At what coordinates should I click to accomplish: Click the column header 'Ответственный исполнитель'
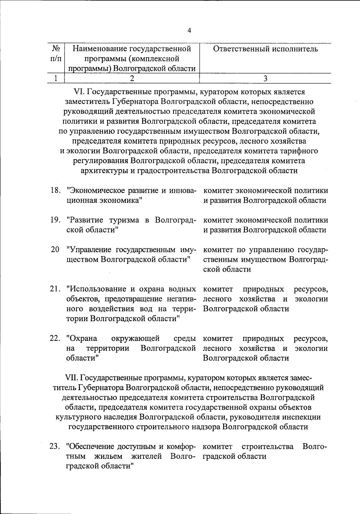click(265, 49)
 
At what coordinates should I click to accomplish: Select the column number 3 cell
click(265, 78)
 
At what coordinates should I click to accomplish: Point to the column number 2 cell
click(132, 78)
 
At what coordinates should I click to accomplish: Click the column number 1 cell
click(56, 78)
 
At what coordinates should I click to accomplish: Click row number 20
click(55, 250)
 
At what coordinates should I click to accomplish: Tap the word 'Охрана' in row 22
click(82, 339)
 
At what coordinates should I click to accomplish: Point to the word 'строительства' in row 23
click(268, 447)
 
